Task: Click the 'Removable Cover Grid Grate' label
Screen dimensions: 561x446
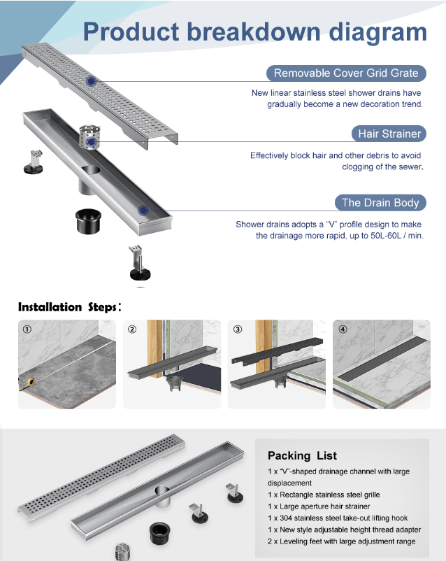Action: (346, 73)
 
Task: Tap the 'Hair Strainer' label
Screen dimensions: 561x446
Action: (389, 134)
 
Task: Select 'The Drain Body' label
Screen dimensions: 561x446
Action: (380, 203)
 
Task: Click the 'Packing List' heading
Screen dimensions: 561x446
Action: (302, 455)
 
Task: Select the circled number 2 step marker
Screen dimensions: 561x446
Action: (133, 329)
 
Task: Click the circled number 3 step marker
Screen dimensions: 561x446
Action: (238, 329)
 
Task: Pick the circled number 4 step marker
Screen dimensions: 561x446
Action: (343, 329)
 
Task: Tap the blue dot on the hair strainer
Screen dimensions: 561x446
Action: (91, 142)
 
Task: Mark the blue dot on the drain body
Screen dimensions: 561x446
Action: (143, 209)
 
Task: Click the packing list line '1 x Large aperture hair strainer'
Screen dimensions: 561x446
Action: (319, 506)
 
